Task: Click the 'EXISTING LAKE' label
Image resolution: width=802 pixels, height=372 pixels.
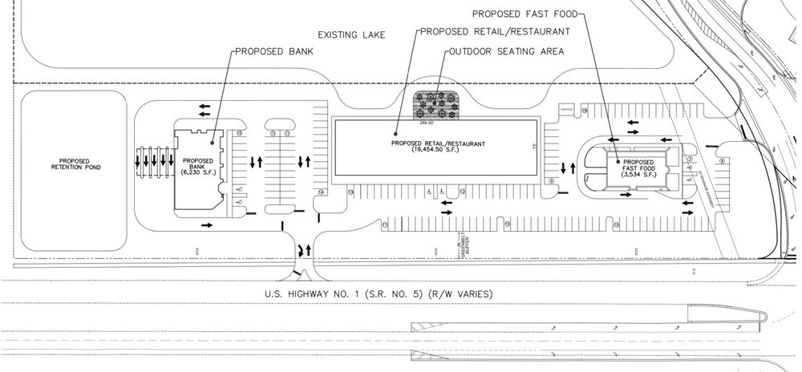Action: point(351,35)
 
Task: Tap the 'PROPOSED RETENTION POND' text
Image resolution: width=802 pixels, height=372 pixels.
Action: point(75,164)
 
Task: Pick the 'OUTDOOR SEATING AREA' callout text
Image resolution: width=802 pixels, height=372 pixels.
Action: point(505,51)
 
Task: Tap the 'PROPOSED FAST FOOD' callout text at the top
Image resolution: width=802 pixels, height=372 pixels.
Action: point(524,13)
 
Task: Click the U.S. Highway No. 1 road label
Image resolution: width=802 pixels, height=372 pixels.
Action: point(379,293)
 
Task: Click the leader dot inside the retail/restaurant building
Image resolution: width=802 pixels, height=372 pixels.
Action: point(395,133)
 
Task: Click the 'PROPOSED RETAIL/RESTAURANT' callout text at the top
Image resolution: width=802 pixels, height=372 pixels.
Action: point(495,31)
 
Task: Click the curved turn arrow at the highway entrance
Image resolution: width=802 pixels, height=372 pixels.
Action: point(303,249)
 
